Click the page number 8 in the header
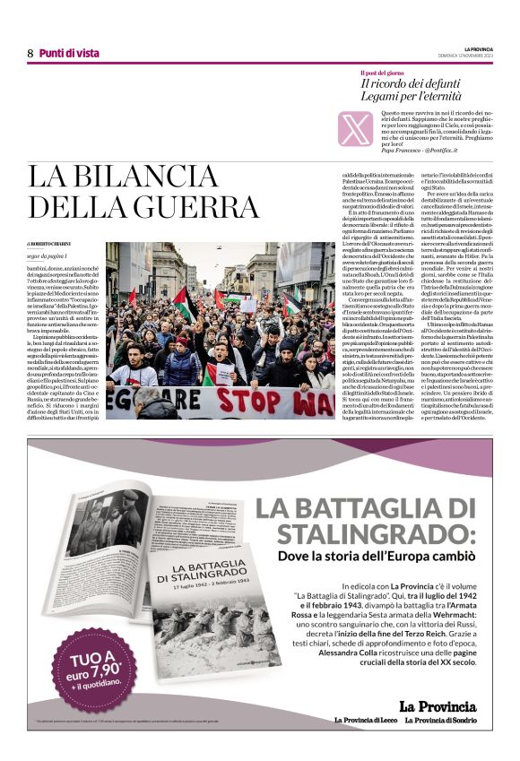(x=30, y=54)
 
